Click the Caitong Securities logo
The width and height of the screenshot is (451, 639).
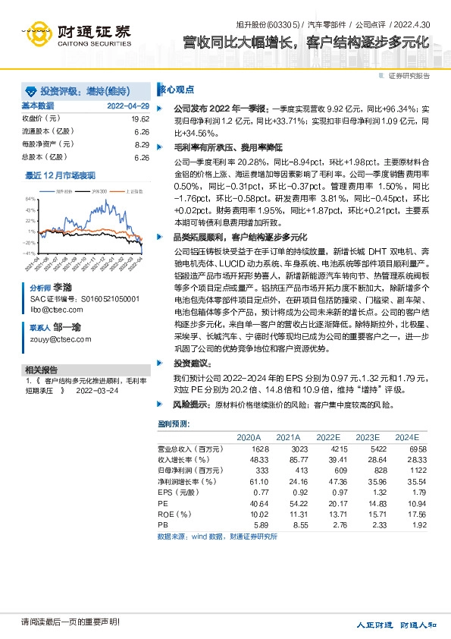[77, 35]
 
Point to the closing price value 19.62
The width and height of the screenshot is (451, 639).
[139, 118]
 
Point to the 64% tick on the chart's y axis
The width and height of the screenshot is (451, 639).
[31, 198]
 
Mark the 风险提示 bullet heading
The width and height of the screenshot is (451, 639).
[190, 404]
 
